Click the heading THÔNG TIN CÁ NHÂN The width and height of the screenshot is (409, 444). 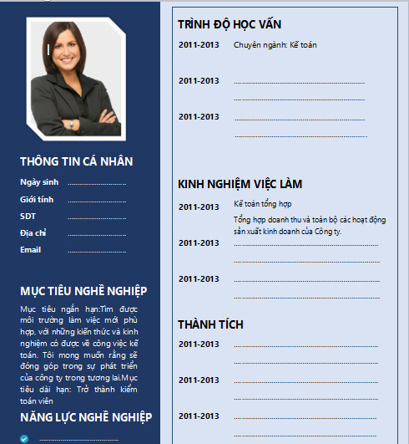[x=76, y=161]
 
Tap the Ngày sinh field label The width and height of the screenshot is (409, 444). [x=39, y=181]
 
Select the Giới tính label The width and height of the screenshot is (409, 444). [x=37, y=199]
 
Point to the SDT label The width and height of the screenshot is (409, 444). [x=28, y=216]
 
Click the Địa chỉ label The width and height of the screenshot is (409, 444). [x=33, y=232]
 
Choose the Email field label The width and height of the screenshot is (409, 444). [x=31, y=249]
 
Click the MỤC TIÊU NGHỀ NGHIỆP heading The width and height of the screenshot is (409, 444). [x=83, y=291]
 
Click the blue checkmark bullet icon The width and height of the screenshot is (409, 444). [x=25, y=436]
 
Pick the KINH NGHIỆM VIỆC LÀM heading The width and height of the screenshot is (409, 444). [x=240, y=183]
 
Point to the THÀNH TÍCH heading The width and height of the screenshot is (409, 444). [x=211, y=323]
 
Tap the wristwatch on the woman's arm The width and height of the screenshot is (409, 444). [x=72, y=125]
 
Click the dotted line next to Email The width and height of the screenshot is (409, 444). [x=96, y=250]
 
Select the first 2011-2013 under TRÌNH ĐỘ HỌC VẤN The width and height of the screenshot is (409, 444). [x=199, y=44]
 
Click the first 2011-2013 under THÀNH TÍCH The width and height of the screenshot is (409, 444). [x=199, y=344]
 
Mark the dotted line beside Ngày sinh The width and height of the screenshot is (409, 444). [x=96, y=182]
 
